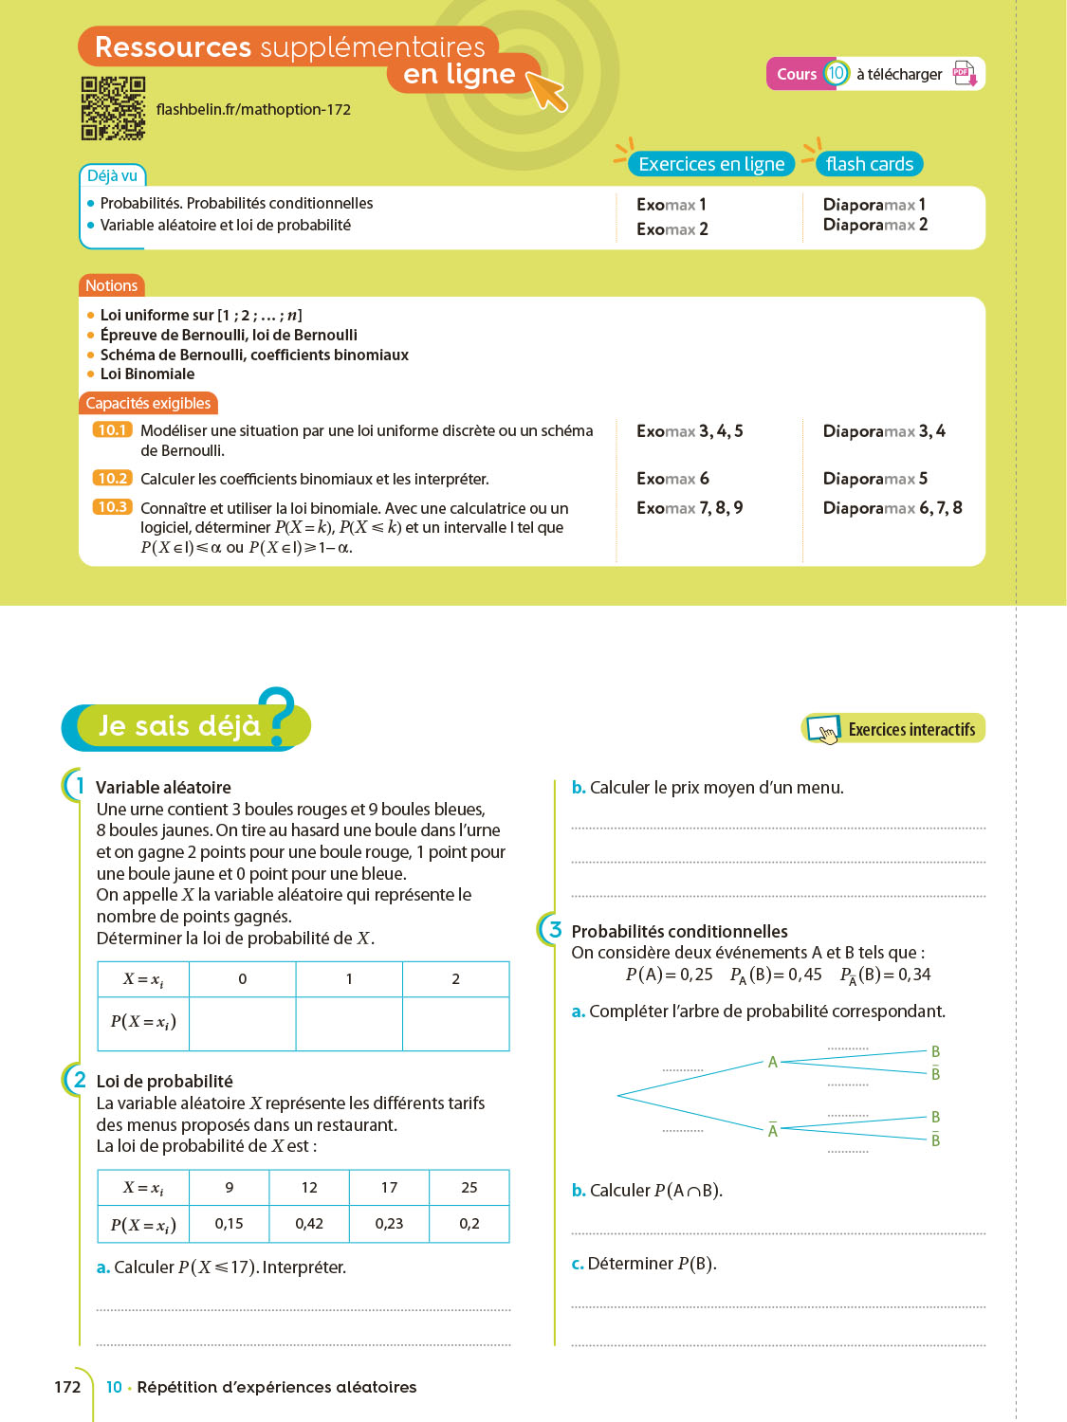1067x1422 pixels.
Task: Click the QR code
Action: pos(113,108)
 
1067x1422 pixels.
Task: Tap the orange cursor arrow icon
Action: pos(545,90)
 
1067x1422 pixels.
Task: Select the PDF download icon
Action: pos(964,74)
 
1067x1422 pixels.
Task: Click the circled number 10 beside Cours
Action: pos(836,73)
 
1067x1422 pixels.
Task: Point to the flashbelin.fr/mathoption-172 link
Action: pos(253,110)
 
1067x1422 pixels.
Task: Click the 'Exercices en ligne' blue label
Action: pos(711,164)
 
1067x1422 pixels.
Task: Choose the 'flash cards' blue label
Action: pos(869,164)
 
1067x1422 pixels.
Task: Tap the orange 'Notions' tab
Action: pos(111,285)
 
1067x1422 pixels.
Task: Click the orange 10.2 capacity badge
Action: pos(112,479)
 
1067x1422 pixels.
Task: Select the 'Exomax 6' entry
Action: pos(672,479)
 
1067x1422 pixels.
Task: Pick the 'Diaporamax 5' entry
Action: pos(874,479)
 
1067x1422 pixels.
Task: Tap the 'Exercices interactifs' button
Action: pos(893,729)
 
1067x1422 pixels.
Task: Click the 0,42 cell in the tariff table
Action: pos(309,1224)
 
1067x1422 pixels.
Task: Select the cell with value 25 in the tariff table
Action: pos(469,1187)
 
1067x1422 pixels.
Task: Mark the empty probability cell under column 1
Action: pos(349,1023)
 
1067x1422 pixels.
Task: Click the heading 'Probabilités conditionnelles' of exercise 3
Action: pos(679,931)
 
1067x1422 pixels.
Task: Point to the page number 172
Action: pos(67,1387)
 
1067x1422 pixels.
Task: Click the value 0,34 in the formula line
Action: pos(914,975)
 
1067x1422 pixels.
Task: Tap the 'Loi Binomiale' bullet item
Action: pos(147,374)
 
